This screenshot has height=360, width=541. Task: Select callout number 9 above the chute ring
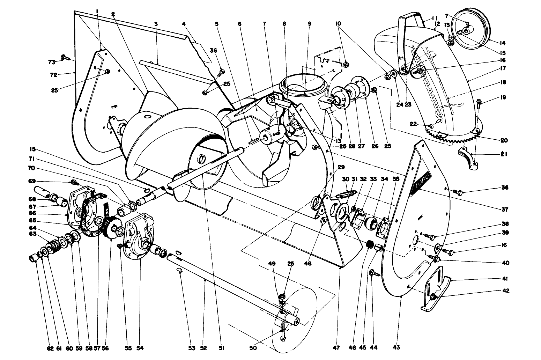coord(309,24)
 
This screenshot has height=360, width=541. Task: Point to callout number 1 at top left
coord(97,12)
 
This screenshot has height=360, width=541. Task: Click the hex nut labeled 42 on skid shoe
coord(433,297)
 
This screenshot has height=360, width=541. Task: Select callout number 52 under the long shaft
coord(203,348)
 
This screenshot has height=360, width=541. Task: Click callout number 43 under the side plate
coord(396,348)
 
